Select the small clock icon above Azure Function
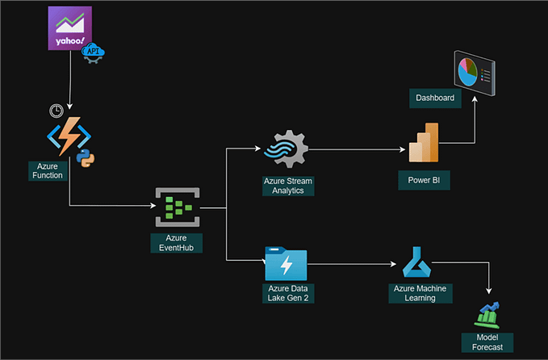point(56,110)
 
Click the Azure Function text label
point(48,170)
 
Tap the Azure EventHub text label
point(177,243)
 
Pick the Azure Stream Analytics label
point(287,186)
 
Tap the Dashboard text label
point(435,98)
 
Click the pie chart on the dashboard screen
point(467,71)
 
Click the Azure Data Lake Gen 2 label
point(287,293)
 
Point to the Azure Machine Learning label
point(420,293)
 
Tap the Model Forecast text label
point(487,341)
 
